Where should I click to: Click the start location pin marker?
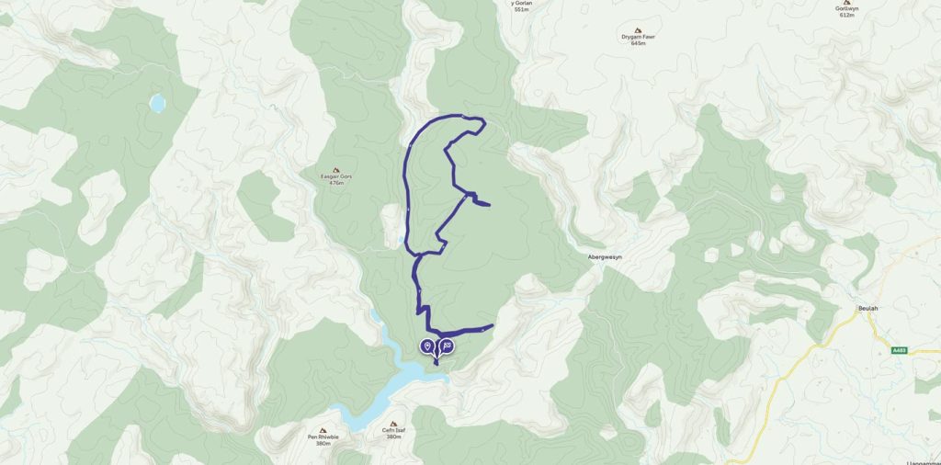point(427,346)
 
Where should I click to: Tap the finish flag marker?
point(447,346)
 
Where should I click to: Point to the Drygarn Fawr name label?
point(639,37)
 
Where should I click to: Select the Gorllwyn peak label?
point(846,9)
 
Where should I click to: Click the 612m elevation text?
point(846,16)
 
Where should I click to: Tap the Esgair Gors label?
point(334,176)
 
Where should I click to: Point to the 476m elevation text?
point(334,183)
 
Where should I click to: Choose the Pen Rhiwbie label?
point(323,437)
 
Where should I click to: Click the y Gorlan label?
point(521,4)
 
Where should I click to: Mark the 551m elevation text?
point(521,10)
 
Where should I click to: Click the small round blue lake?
point(157,103)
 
